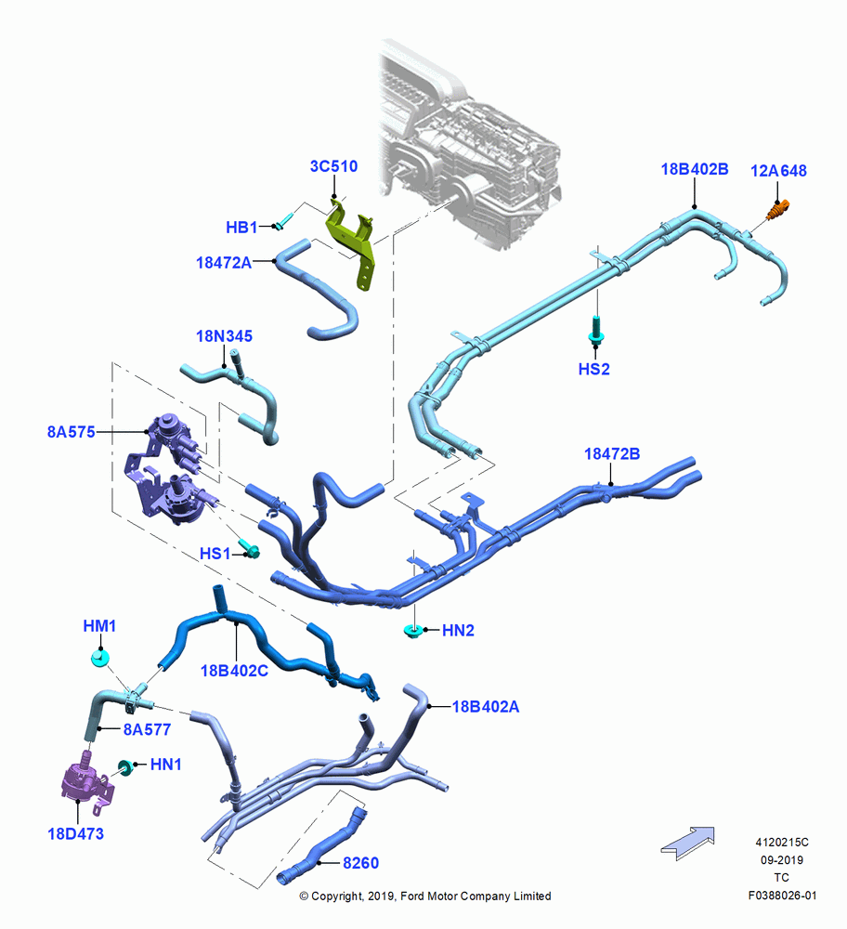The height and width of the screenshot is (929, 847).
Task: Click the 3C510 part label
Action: click(x=333, y=166)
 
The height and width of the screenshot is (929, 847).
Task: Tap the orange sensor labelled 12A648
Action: click(x=779, y=210)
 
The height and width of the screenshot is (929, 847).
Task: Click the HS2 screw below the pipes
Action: click(x=596, y=330)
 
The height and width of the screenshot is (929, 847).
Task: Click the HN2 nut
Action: click(x=412, y=631)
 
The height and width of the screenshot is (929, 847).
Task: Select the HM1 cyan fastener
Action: click(x=100, y=658)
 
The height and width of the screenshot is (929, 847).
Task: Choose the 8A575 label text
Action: click(x=72, y=432)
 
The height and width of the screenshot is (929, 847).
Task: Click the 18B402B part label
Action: click(x=694, y=169)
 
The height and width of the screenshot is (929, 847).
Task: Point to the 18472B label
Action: click(x=612, y=454)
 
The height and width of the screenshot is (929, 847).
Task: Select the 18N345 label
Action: click(x=224, y=336)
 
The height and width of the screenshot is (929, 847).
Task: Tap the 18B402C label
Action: click(x=234, y=671)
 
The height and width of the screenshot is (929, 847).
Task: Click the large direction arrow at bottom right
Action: click(x=688, y=843)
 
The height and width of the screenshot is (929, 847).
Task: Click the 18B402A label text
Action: click(x=486, y=706)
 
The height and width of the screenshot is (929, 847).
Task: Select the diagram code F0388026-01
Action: click(x=782, y=896)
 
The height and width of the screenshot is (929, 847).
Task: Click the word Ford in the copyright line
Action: click(x=413, y=896)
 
